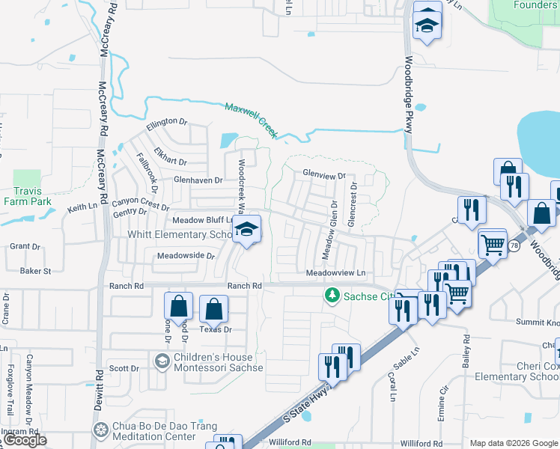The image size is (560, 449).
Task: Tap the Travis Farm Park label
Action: coord(27,197)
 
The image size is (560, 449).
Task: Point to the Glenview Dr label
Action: coord(324,174)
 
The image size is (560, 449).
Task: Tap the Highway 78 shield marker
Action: coord(514,245)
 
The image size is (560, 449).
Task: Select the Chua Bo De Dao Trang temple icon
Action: coord(101,430)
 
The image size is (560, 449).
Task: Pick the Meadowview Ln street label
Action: coord(335,273)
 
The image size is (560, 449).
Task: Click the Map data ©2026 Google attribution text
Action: coord(514,443)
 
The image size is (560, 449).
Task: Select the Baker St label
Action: coord(36,271)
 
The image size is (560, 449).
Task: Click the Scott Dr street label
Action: coord(124,368)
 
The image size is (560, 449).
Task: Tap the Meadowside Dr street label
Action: coord(186,256)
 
